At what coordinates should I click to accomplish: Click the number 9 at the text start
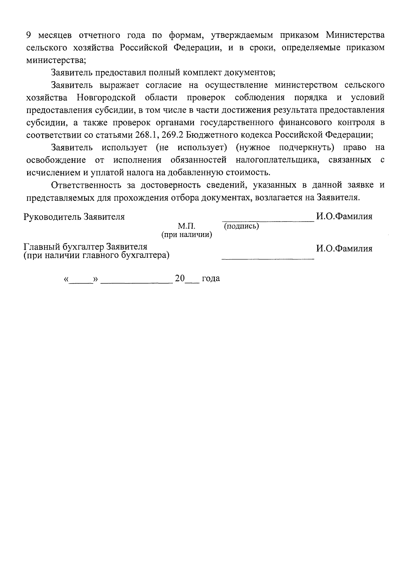tap(30, 35)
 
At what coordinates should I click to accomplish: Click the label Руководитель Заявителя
tap(74, 217)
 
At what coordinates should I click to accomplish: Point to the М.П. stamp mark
tap(187, 227)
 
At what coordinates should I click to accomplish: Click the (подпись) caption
tap(242, 227)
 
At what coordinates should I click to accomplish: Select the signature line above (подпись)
tap(268, 220)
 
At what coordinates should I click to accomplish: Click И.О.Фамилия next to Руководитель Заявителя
tap(344, 216)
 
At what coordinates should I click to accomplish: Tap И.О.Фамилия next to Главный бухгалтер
tap(344, 248)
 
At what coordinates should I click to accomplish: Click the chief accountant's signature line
tap(268, 259)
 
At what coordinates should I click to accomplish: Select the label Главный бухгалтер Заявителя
tap(85, 247)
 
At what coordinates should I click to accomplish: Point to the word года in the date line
tap(211, 278)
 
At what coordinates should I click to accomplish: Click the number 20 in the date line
tap(180, 278)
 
